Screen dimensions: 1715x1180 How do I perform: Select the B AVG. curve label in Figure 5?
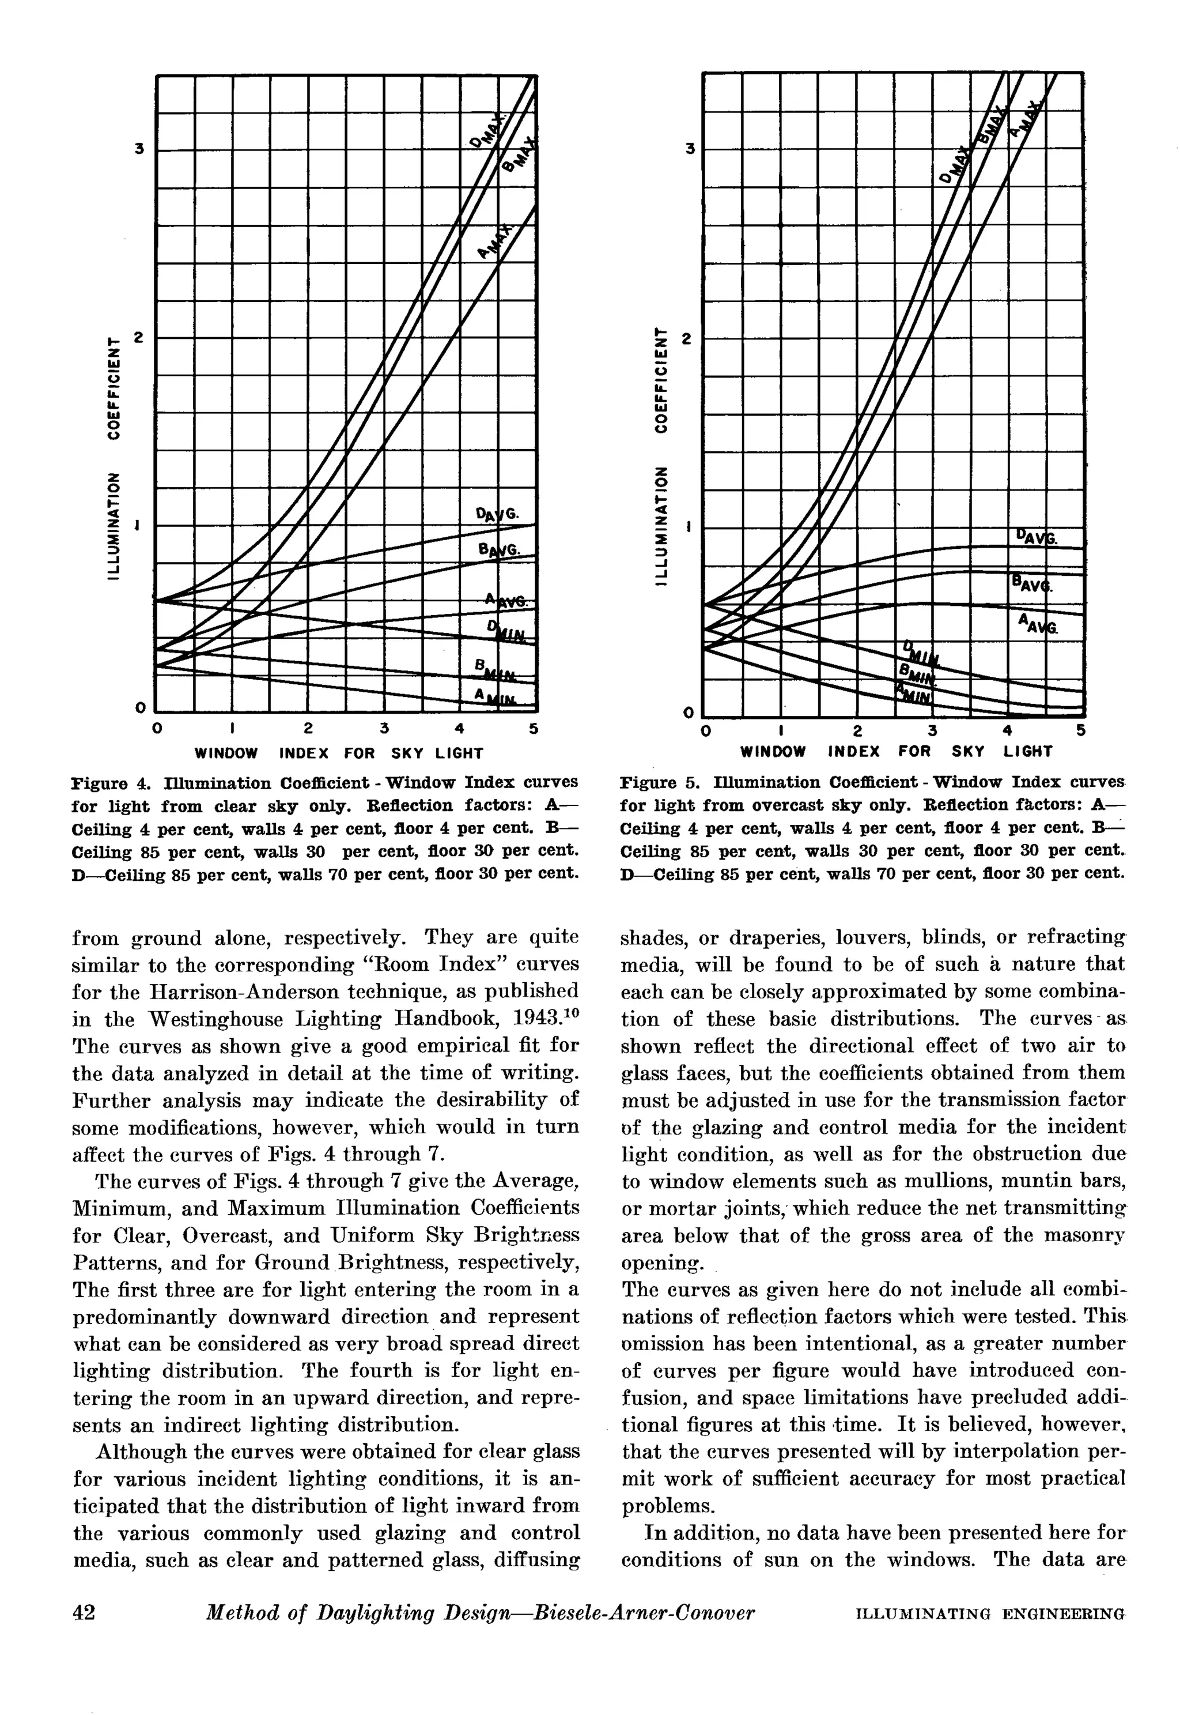(x=1033, y=586)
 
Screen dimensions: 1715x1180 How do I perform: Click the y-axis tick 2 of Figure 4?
(x=138, y=338)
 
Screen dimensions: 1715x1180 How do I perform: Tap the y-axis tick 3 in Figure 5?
(x=689, y=149)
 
